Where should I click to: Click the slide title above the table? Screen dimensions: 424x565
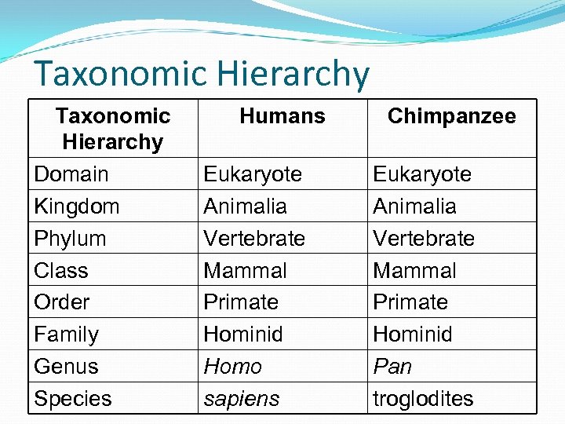(201, 75)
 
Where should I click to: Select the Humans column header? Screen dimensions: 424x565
(282, 116)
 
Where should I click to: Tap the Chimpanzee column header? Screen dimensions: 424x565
(451, 116)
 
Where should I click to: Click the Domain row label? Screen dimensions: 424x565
(71, 174)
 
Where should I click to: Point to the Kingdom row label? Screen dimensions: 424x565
(77, 207)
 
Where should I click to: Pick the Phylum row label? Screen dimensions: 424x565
(70, 239)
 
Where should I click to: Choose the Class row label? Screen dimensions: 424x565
(61, 271)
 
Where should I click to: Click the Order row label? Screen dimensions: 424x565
(62, 302)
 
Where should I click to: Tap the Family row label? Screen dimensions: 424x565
(67, 334)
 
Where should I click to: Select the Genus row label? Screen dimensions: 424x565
(67, 367)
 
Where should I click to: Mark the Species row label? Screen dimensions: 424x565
(73, 399)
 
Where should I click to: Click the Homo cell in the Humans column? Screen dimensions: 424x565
(232, 367)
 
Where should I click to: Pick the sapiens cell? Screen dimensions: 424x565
(241, 399)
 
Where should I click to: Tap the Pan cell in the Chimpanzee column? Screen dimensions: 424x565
(392, 367)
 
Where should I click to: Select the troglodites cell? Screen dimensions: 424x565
(423, 399)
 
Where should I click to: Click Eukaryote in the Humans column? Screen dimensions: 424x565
(253, 174)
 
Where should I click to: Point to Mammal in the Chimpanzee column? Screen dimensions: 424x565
(414, 271)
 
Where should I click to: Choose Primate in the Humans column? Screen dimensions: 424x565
(241, 302)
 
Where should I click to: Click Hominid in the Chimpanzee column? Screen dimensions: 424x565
(413, 334)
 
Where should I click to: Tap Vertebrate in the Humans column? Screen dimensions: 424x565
(254, 239)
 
